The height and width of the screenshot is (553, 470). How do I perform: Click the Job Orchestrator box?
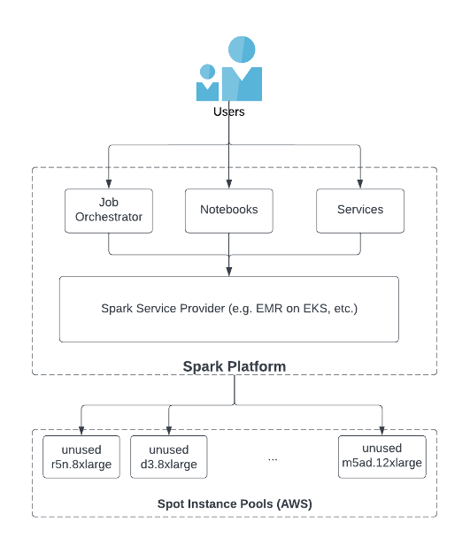point(109,211)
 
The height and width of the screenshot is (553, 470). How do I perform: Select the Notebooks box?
point(229,211)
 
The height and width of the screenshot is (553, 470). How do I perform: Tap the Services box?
point(360,211)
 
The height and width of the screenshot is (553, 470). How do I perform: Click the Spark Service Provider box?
point(229,310)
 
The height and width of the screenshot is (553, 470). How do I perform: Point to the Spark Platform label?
point(234,365)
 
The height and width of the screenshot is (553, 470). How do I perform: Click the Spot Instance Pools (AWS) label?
point(235,503)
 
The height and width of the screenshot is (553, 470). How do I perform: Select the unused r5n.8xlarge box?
point(81,457)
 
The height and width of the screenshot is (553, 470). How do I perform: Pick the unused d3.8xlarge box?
point(168,457)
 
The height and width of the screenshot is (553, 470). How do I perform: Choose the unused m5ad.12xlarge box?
point(381,456)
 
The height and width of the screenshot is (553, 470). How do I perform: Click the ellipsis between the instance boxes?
point(273,458)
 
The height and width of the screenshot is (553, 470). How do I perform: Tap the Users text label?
point(229,112)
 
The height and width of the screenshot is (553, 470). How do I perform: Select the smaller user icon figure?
point(208,82)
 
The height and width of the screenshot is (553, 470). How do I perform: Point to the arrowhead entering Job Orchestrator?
point(109,184)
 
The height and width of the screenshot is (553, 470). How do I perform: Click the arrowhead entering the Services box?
point(360,184)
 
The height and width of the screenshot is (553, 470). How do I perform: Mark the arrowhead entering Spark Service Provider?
point(229,272)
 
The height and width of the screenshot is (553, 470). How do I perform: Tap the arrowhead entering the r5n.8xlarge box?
point(81,430)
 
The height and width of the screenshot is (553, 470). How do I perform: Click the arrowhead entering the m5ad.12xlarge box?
point(381,430)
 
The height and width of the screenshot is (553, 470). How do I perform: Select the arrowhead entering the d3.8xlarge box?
point(168,430)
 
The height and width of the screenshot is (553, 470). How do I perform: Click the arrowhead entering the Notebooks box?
point(229,184)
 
